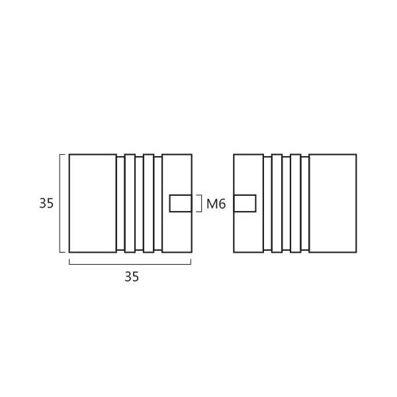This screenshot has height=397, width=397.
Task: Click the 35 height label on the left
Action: (x=46, y=203)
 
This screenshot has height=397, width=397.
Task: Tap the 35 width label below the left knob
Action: (x=132, y=277)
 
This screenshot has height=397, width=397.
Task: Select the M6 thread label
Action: (x=216, y=204)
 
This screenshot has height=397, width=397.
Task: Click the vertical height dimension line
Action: (x=60, y=203)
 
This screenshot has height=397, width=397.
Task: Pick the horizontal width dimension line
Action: (x=130, y=264)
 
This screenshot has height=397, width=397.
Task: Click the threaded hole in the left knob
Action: (x=181, y=203)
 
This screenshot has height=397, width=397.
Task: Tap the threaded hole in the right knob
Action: (x=245, y=203)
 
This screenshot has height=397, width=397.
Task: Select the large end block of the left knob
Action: (x=93, y=203)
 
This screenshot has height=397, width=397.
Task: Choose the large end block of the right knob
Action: (x=333, y=203)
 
